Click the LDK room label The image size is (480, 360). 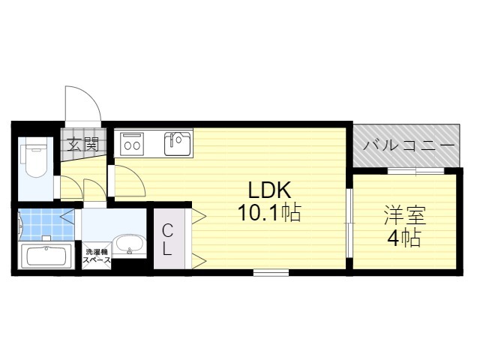tap(269, 190)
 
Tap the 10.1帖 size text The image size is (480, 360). tap(269, 212)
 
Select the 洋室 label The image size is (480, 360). tap(405, 215)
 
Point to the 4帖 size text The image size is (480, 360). tap(404, 238)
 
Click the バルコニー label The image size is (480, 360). tap(408, 145)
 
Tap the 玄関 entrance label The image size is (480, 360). tap(83, 144)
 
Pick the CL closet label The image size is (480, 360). tap(167, 240)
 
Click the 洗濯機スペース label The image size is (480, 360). tap(97, 256)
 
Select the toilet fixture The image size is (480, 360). tap(34, 157)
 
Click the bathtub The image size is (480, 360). tap(46, 256)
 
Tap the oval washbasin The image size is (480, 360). tap(130, 245)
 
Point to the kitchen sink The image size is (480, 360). tap(177, 143)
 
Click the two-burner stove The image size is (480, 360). tap(132, 144)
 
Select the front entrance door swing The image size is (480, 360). tap(82, 104)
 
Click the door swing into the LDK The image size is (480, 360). tap(127, 181)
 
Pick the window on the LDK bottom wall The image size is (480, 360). tap(271, 272)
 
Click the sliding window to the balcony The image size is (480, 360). tap(415, 171)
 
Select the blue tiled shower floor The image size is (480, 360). tap(46, 224)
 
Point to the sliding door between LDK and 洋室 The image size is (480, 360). tap(349, 223)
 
